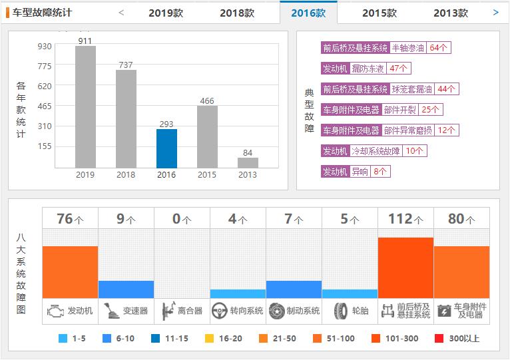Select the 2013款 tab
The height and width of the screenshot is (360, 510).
tap(450, 13)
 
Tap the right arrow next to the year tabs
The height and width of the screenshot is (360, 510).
tap(495, 12)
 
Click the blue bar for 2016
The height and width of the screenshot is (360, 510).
tap(166, 148)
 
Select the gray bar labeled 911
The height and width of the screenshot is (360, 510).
tap(85, 106)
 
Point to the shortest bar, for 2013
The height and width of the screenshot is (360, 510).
tap(248, 162)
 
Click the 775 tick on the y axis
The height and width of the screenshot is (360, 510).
tap(45, 66)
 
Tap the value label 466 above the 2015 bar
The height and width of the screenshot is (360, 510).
tap(207, 101)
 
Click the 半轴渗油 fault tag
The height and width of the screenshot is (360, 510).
tap(408, 48)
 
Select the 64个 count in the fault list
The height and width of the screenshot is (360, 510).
tap(439, 48)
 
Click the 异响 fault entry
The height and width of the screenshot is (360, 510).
tap(360, 172)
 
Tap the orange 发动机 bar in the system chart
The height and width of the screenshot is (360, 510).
tap(70, 272)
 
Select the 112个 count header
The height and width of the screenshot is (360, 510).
tap(405, 219)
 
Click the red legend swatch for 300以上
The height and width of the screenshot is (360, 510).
tap(439, 338)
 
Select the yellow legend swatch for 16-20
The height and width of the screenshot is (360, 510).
tap(210, 338)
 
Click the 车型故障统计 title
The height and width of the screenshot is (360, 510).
tap(42, 13)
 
